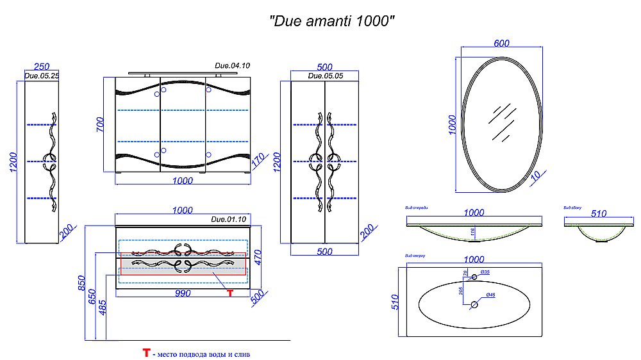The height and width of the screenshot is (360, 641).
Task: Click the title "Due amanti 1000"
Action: click(x=330, y=20)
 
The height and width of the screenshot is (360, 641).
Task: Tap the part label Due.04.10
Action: click(x=231, y=66)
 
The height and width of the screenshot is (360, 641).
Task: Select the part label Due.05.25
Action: click(x=41, y=76)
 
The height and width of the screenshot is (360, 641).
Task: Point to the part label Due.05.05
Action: click(x=325, y=76)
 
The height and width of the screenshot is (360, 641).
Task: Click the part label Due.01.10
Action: click(x=228, y=220)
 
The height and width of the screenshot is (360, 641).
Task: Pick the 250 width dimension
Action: click(x=42, y=67)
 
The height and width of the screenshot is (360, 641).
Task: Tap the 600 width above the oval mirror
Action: click(x=501, y=44)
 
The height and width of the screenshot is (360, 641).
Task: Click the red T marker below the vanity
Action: click(x=229, y=293)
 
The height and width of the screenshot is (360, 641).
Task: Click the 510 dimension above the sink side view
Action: click(x=599, y=214)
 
